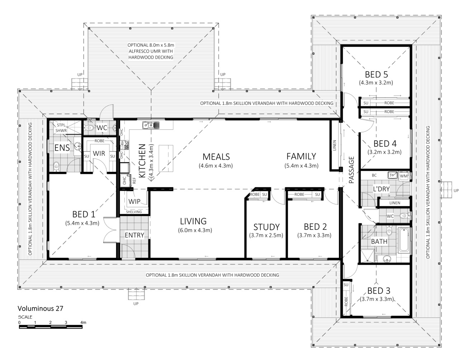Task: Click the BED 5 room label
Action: click(x=376, y=75)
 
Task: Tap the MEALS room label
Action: click(x=216, y=157)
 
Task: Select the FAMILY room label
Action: click(x=301, y=156)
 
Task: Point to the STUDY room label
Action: click(x=266, y=227)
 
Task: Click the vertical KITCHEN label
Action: click(x=142, y=161)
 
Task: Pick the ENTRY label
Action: click(x=134, y=235)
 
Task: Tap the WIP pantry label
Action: click(x=134, y=201)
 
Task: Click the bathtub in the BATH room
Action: click(x=404, y=240)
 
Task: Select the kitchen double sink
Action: click(x=151, y=125)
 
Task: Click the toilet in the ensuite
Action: click(x=56, y=167)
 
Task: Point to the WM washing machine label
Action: click(x=404, y=176)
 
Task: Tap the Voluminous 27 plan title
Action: click(x=41, y=308)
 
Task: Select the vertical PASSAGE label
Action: click(x=351, y=170)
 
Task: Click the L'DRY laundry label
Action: click(x=381, y=189)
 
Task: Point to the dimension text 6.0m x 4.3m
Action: click(x=195, y=230)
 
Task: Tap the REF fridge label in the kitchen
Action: click(x=134, y=181)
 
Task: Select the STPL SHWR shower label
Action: click(x=61, y=128)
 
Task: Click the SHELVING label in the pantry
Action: click(x=134, y=212)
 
